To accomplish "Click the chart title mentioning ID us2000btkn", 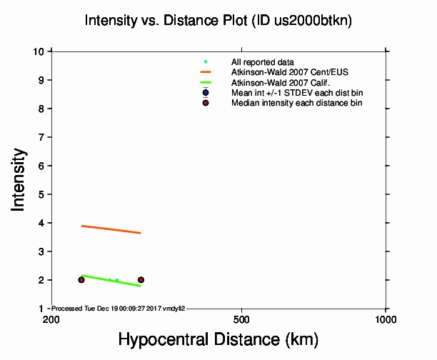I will pos(218,21).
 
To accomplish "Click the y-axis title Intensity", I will pos(21,179).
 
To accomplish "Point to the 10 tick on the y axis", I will pos(41,51).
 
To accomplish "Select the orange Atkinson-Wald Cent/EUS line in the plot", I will pos(111,229).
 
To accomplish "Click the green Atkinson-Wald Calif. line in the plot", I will pos(111,280).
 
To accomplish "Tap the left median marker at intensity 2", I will pos(81,279).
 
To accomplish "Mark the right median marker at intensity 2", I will pos(141,279).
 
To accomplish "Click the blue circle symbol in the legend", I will pos(206,93).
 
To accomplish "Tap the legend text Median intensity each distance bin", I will pos(296,103).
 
